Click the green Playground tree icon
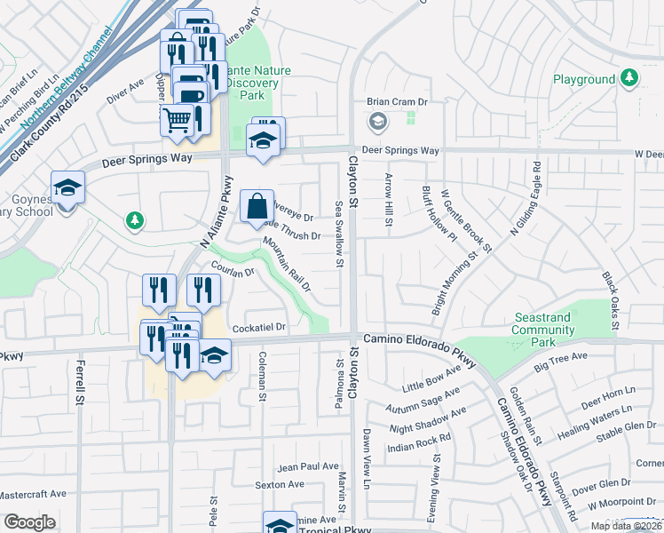point(629,79)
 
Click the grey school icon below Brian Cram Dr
point(377,121)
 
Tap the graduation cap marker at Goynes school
point(67,187)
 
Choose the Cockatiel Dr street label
point(258,327)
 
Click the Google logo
point(29,522)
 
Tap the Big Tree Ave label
point(560,362)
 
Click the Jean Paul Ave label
point(308,466)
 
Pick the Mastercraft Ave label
point(33,493)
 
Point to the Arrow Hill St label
point(388,200)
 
